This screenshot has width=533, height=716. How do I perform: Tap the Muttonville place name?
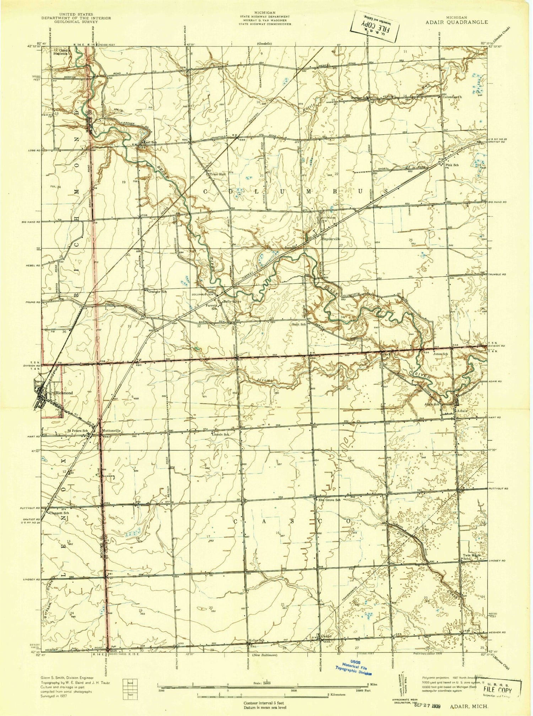(x=112, y=431)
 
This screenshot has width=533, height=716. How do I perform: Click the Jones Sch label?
(x=440, y=354)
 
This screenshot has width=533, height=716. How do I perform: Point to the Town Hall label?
(x=217, y=174)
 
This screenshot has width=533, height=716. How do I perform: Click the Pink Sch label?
(x=452, y=165)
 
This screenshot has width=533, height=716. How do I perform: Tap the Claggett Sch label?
(x=59, y=513)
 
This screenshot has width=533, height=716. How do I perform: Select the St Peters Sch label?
(x=77, y=431)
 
